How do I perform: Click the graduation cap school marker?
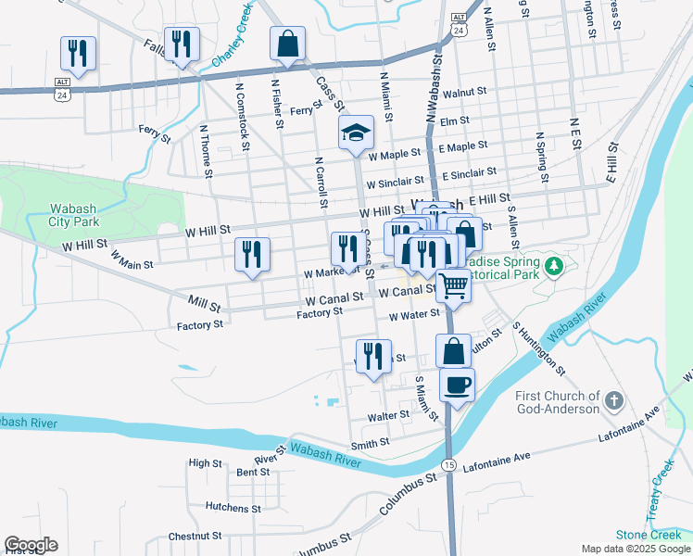(x=356, y=134)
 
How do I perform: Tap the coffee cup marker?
(x=456, y=385)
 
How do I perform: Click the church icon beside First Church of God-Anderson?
(x=612, y=401)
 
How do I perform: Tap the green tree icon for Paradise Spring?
(x=554, y=267)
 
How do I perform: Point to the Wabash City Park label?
(x=74, y=216)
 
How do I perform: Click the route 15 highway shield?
(x=448, y=463)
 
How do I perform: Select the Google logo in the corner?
(x=31, y=545)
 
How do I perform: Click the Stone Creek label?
(x=649, y=535)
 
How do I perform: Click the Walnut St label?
(x=464, y=94)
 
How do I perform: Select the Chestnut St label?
(x=194, y=537)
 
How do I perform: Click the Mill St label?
(x=203, y=304)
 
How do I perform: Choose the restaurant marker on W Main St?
(x=252, y=256)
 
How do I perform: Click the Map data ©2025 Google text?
(x=635, y=549)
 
